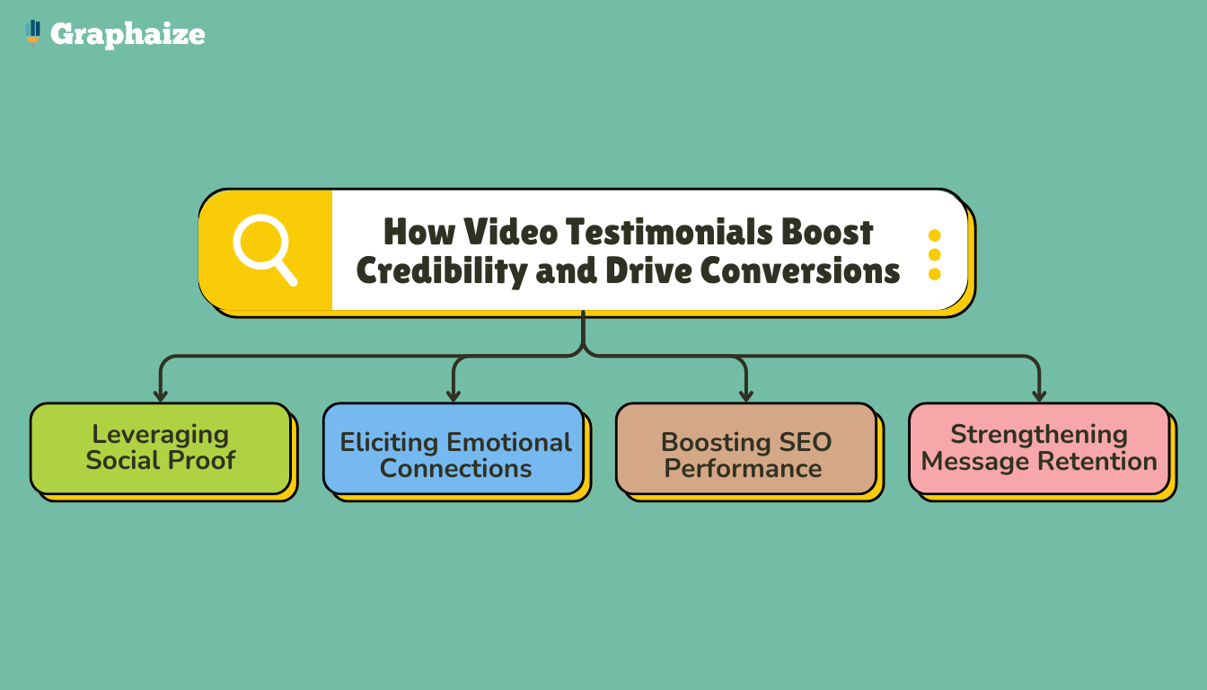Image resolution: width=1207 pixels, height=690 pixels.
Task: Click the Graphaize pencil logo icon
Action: coord(33,33)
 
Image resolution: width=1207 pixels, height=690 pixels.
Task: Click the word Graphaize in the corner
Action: coord(128,35)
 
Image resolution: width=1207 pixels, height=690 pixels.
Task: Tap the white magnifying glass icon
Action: coord(265,250)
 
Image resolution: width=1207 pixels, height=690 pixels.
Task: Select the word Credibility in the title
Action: coord(442,270)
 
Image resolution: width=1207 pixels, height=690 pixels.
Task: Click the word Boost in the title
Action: coord(827,232)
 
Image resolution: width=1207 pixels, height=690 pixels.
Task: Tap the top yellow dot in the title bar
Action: coord(934,235)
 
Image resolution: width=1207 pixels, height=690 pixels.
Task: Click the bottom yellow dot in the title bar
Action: coord(934,274)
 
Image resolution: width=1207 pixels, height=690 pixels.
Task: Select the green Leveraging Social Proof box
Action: coord(161,448)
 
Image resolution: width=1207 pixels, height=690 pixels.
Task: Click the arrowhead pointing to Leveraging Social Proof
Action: coord(161,396)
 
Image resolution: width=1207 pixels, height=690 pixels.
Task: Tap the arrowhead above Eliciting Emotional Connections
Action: coord(454,396)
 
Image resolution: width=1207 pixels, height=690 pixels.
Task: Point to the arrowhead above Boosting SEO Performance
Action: coord(746,396)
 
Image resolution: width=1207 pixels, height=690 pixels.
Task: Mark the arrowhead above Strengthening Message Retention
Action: coord(1039,396)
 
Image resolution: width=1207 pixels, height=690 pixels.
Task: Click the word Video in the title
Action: coord(511,232)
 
